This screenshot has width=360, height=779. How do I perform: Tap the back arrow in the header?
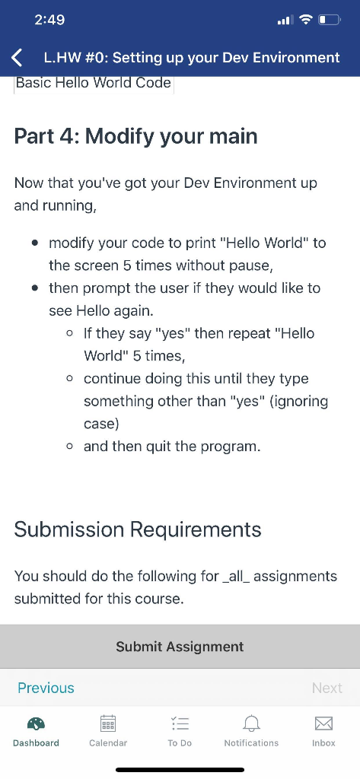[17, 58]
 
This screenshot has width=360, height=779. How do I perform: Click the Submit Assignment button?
[180, 647]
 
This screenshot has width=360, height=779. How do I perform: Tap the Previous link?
[46, 688]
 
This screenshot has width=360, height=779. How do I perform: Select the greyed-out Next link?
[327, 688]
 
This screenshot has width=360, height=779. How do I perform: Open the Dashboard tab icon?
[36, 723]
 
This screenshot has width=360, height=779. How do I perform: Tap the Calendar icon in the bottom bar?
[108, 723]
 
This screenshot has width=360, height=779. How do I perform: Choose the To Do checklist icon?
[180, 723]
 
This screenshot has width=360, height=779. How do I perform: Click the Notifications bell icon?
[252, 723]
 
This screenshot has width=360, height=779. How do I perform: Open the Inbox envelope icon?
[324, 723]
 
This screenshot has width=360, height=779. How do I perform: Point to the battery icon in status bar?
[330, 21]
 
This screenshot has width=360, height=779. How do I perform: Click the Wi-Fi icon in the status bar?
[307, 20]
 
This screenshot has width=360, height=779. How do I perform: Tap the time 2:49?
[49, 20]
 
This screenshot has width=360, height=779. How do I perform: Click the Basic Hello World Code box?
[94, 83]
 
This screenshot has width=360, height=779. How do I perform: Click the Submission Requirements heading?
[138, 529]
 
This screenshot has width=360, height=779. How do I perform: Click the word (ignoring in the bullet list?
[298, 402]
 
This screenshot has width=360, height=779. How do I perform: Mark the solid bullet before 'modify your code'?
[35, 244]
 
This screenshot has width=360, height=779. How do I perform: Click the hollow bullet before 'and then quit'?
[70, 447]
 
